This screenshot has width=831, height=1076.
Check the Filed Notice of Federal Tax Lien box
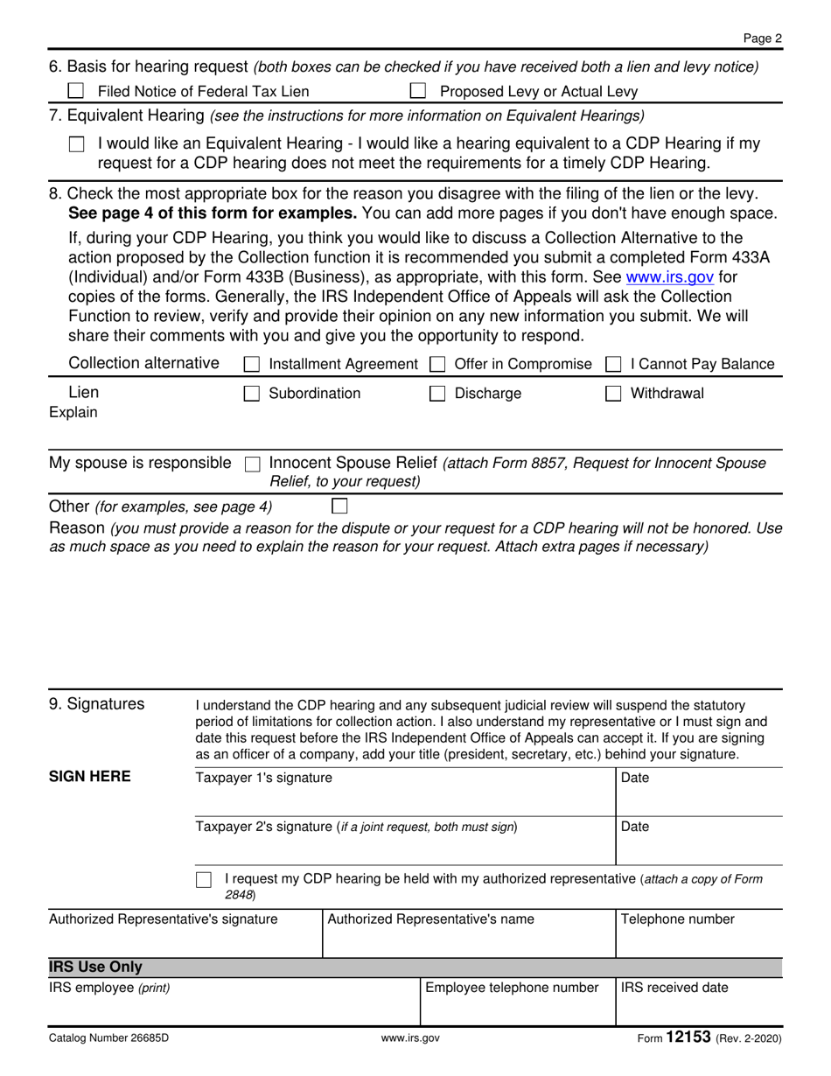pos(77,91)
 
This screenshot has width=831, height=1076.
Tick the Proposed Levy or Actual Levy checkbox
pos(418,91)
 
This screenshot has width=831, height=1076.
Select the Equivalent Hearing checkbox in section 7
pos(77,145)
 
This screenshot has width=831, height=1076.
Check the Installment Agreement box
pos(251,364)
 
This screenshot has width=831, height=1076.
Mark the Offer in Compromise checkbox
pos(438,364)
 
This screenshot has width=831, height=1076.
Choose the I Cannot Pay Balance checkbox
pos(614,364)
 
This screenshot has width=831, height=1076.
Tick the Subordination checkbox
pos(251,394)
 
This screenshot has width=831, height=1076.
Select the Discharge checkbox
pos(438,394)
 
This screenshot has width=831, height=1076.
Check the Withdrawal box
pos(614,394)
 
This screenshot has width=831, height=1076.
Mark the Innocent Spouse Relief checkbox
pos(253,464)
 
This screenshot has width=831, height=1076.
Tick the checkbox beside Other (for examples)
pos(339,506)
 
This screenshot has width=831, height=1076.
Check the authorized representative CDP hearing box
pos(204,879)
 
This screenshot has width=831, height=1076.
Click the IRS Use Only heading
pos(96,968)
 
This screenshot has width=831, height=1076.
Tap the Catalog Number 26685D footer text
pos(108,1039)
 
